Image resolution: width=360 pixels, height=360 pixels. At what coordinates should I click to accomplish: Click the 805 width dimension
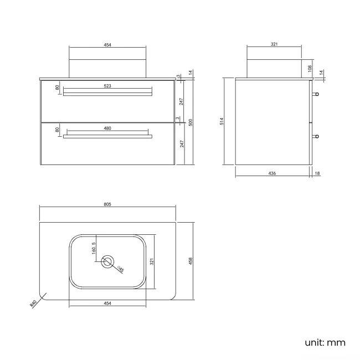107,204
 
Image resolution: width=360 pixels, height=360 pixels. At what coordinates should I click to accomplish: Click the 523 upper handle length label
107,86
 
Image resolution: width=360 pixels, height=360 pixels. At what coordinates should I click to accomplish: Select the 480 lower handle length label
107,128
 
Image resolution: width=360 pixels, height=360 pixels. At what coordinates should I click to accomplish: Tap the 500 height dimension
190,122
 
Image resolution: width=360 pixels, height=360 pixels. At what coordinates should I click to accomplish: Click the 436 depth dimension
272,173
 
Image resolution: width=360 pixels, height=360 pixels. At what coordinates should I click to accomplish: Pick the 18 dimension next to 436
317,173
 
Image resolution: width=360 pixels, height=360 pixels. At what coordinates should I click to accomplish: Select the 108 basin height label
311,69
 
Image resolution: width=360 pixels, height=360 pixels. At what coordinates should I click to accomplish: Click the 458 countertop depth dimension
190,261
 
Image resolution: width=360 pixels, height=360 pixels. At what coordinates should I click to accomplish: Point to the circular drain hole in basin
107,261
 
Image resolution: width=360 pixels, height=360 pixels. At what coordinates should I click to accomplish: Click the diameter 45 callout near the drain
121,270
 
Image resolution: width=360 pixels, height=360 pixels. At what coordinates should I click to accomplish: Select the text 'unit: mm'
325,342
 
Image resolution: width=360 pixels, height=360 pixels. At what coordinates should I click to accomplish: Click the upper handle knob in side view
316,94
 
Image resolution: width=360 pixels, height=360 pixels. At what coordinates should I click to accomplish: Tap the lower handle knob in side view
316,136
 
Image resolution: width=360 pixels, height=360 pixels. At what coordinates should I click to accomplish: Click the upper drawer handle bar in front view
107,94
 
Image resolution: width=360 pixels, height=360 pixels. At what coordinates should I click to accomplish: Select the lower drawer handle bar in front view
107,136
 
